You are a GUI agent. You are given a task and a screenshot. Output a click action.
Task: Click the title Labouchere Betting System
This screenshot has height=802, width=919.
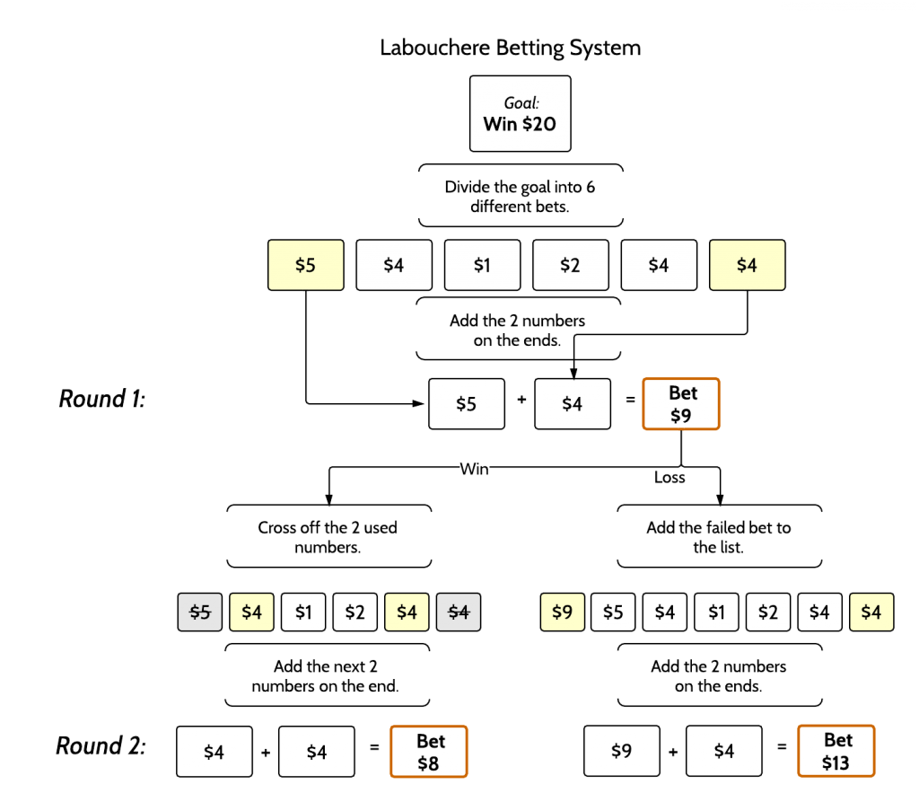click(x=510, y=48)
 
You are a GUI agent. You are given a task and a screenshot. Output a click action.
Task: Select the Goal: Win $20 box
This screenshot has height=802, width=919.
click(x=520, y=114)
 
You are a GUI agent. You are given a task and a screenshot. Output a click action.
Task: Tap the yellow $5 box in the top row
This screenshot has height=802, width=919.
click(x=305, y=265)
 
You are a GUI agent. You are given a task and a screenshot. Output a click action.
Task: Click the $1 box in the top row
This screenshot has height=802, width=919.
click(x=482, y=265)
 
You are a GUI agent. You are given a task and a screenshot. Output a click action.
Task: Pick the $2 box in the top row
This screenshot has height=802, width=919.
click(x=570, y=265)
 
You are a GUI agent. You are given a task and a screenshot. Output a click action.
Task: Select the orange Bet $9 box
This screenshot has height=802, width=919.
click(x=681, y=404)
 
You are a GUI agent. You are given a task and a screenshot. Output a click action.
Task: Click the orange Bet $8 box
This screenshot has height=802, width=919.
click(x=430, y=751)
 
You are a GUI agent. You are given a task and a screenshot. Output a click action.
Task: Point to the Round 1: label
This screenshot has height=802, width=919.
click(x=102, y=399)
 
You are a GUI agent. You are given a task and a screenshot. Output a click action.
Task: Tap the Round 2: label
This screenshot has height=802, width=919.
click(x=101, y=745)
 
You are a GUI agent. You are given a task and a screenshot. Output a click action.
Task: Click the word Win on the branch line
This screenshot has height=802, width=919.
click(x=474, y=468)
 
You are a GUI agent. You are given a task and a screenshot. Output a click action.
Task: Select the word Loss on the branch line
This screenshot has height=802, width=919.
click(x=670, y=478)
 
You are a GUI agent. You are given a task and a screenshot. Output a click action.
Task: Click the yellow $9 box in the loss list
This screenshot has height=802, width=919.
click(x=562, y=613)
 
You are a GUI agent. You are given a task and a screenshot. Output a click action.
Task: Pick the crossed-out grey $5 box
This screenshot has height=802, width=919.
click(x=201, y=613)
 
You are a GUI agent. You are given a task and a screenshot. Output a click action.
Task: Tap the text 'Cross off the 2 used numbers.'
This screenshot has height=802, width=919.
click(x=328, y=537)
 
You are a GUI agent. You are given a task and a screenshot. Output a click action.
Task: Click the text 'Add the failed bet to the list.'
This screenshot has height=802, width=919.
click(x=718, y=537)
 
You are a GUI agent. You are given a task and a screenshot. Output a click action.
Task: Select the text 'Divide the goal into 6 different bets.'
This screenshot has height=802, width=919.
click(x=520, y=197)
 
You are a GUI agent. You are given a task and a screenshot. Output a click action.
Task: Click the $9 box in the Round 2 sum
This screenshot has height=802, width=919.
click(x=621, y=752)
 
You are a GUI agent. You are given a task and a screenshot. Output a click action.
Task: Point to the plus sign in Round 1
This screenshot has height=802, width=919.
click(x=521, y=400)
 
